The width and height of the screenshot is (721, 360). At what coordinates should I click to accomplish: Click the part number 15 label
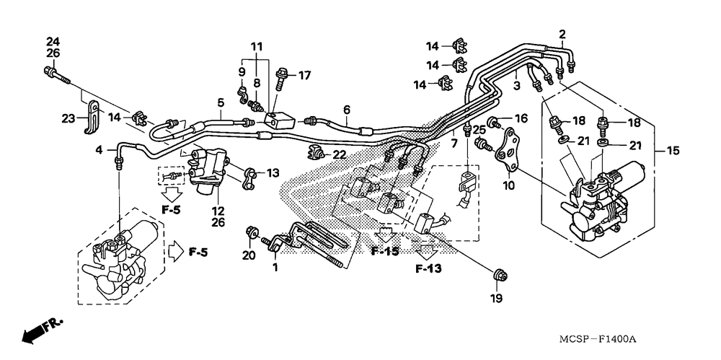(673, 151)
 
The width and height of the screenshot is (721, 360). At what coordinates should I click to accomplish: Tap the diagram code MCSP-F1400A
(597, 340)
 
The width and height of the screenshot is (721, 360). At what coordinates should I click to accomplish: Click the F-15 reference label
(385, 251)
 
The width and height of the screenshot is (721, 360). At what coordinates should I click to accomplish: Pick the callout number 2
(562, 34)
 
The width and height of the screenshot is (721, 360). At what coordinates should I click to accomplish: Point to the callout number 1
(275, 268)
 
